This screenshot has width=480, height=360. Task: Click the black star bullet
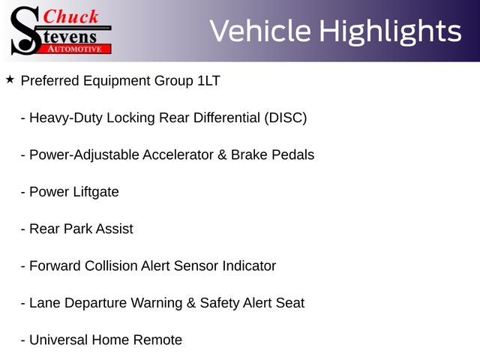pyautogui.click(x=10, y=79)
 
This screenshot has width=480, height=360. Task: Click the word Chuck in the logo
pyautogui.click(x=70, y=16)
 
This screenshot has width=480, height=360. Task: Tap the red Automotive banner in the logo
pyautogui.click(x=75, y=49)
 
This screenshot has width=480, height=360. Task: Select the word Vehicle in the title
pyautogui.click(x=260, y=31)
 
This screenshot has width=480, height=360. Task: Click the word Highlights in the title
pyautogui.click(x=390, y=31)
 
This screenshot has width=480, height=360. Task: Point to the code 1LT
pyautogui.click(x=208, y=81)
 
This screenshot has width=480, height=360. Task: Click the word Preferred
pyautogui.click(x=50, y=81)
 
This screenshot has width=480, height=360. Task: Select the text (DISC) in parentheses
pyautogui.click(x=286, y=118)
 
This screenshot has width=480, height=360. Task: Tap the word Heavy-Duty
pyautogui.click(x=66, y=118)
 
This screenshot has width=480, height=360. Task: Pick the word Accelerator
pyautogui.click(x=178, y=155)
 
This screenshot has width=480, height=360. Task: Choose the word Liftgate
pyautogui.click(x=96, y=192)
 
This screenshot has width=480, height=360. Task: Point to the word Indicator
pyautogui.click(x=249, y=265)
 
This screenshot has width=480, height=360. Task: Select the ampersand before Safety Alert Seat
pyautogui.click(x=191, y=303)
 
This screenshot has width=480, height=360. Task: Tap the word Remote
pyautogui.click(x=157, y=340)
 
